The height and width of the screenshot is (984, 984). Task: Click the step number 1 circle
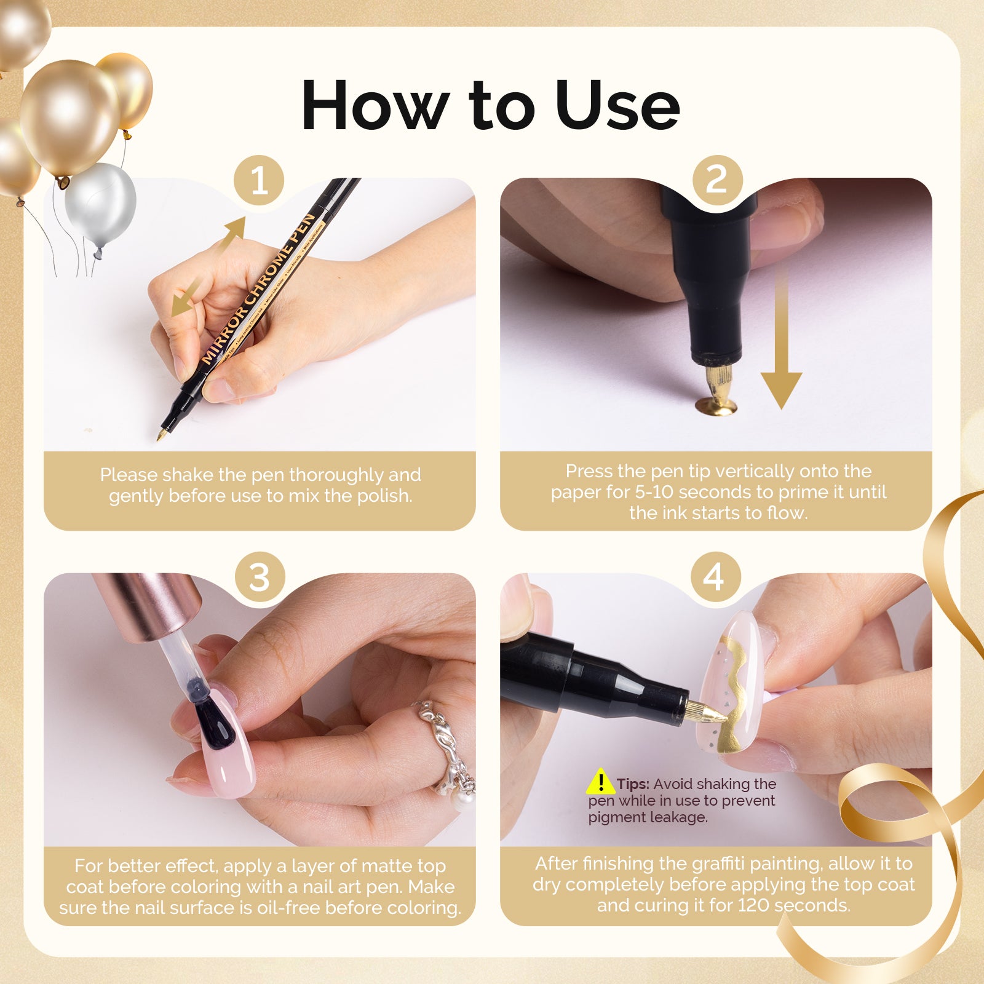click(x=259, y=181)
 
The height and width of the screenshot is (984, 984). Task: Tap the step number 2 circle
click(x=716, y=180)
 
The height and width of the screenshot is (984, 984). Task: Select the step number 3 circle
click(x=259, y=577)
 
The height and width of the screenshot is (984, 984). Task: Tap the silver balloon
click(x=100, y=204)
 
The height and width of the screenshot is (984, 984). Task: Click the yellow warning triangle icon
click(x=600, y=782)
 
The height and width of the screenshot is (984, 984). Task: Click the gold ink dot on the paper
click(x=716, y=405)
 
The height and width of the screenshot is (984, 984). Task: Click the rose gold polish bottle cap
click(x=148, y=606)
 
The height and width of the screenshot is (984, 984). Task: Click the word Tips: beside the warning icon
click(x=633, y=784)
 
